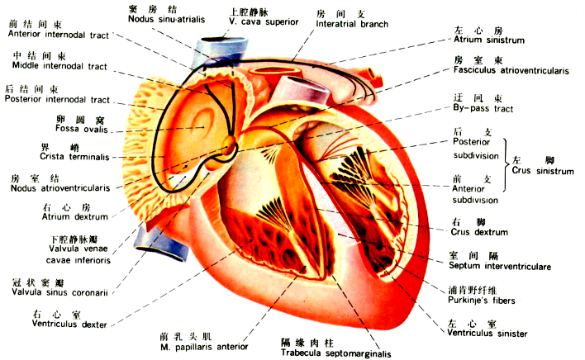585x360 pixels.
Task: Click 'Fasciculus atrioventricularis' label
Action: pos(511,71)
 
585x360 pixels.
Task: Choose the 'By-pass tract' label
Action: pos(483,108)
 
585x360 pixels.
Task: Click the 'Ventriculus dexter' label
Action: pos(69,324)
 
